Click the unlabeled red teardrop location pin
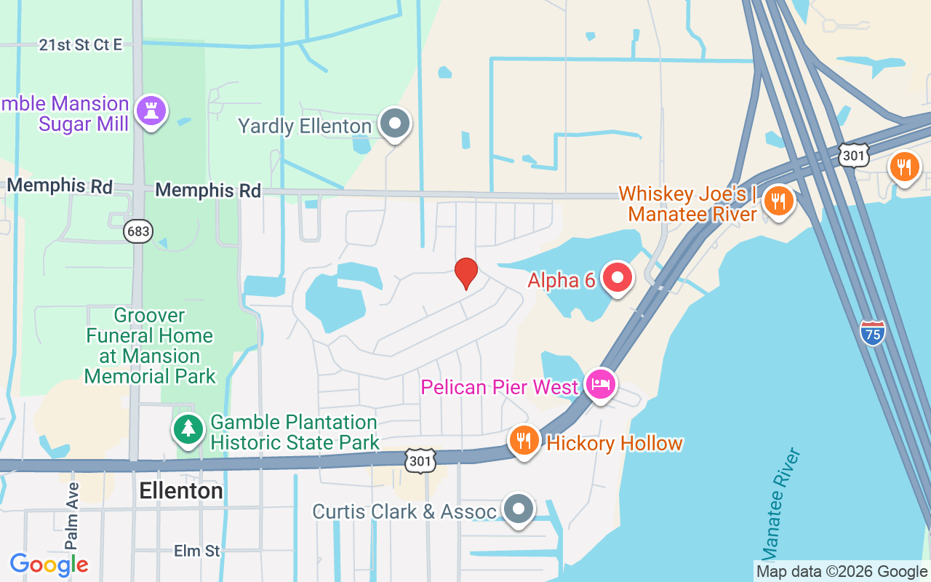(466, 273)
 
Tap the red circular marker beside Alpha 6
(617, 279)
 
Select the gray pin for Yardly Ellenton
(395, 124)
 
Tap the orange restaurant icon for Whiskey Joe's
(778, 201)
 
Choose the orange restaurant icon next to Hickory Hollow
(523, 440)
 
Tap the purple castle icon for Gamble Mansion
(152, 111)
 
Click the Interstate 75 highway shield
(872, 332)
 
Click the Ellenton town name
(181, 491)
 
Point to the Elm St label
(196, 551)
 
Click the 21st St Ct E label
(80, 45)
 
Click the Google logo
(49, 564)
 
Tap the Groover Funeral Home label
(150, 346)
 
